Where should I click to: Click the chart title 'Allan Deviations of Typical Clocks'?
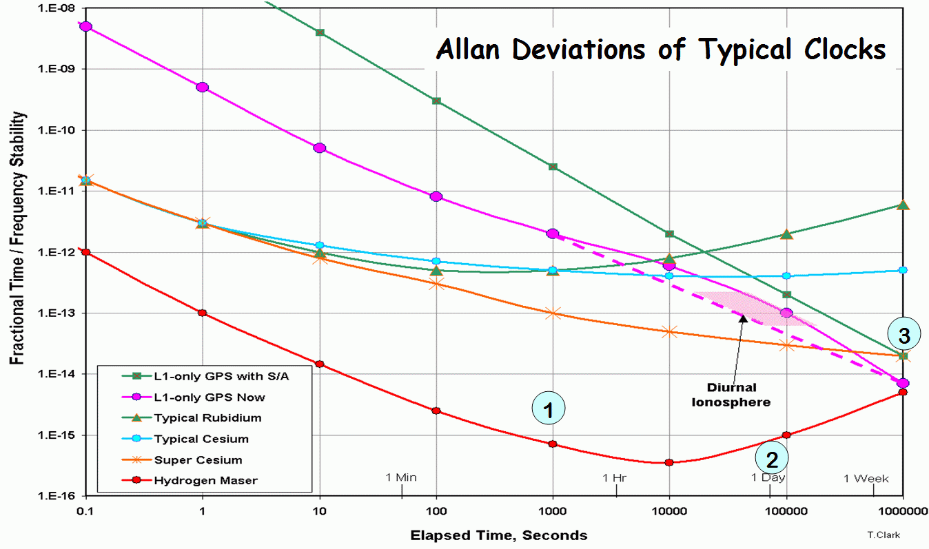click(x=660, y=50)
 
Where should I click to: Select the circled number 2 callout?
click(x=772, y=457)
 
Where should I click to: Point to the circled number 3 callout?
click(x=904, y=335)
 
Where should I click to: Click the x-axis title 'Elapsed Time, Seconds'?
click(x=499, y=535)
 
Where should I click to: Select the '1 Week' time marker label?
click(x=866, y=479)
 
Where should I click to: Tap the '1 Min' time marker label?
click(x=401, y=477)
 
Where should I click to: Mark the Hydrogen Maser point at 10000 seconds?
click(x=669, y=462)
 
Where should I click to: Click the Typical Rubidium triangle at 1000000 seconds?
click(x=904, y=205)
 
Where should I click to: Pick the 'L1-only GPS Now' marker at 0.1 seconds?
click(x=85, y=26)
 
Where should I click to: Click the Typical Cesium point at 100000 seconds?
click(x=786, y=276)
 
